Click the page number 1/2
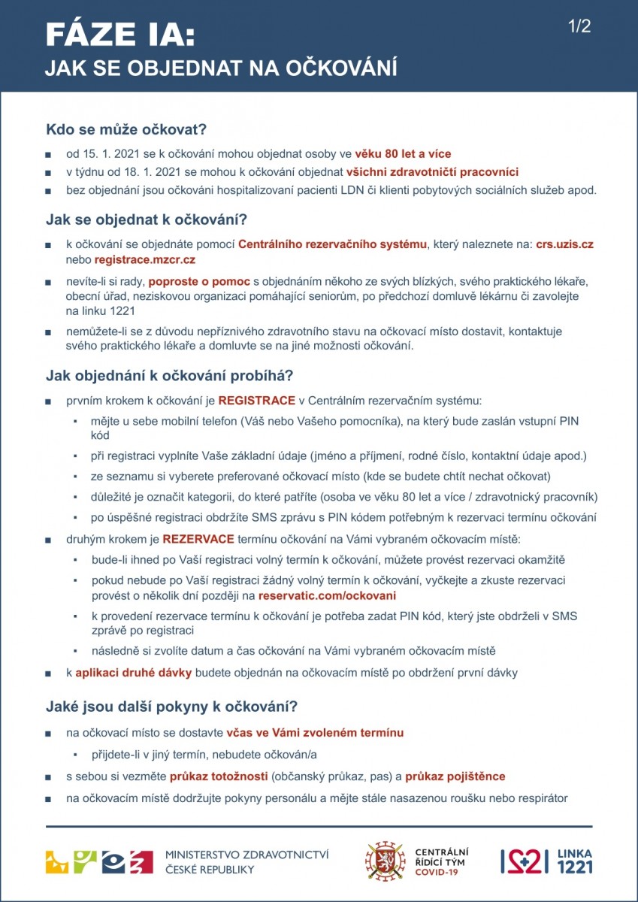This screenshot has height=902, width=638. [x=580, y=27]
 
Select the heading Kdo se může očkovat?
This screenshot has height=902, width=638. [x=126, y=129]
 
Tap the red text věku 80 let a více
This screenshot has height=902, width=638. [x=404, y=154]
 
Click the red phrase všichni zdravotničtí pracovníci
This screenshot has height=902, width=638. [x=432, y=171]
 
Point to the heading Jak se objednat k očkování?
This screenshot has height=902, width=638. [x=147, y=220]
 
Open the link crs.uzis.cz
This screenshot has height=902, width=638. [x=564, y=244]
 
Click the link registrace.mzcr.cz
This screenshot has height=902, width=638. [x=145, y=259]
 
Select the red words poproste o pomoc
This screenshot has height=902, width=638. [x=198, y=282]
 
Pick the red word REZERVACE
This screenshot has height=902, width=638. [x=198, y=539]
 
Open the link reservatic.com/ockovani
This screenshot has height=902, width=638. [x=327, y=595]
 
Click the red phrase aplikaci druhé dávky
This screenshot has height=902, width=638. [x=134, y=673]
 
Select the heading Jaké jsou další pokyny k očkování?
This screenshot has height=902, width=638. [x=172, y=707]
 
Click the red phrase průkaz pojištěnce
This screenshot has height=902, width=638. [x=455, y=776]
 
